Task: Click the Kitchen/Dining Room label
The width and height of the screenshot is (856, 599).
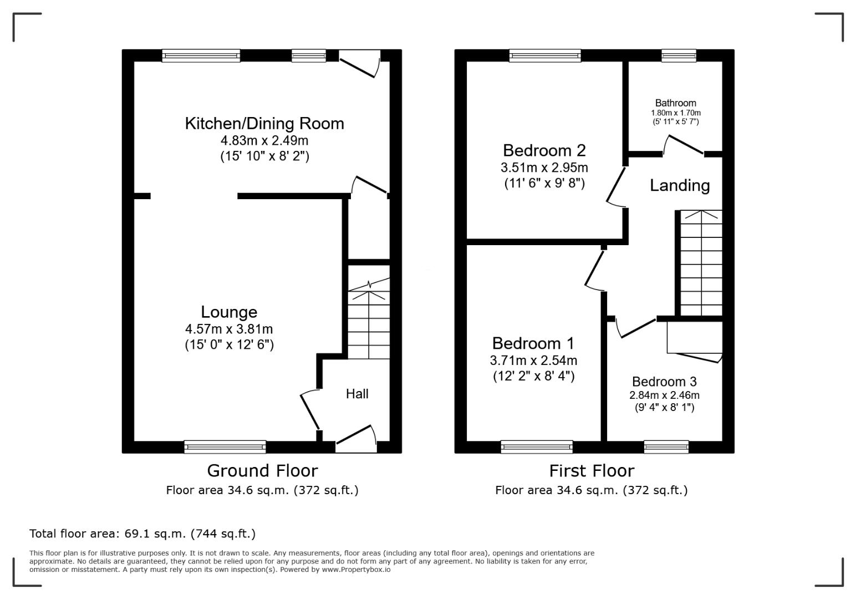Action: [264, 124]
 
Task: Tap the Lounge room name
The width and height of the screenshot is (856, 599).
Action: [229, 312]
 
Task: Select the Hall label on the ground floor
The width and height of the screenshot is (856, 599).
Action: [357, 394]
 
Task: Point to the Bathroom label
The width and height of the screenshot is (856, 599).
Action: [676, 103]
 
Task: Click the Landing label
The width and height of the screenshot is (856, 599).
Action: [680, 185]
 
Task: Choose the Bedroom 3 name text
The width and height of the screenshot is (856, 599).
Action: [664, 382]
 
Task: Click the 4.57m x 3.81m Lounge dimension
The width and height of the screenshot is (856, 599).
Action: [229, 329]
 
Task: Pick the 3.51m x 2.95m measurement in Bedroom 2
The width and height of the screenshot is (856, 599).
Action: [544, 167]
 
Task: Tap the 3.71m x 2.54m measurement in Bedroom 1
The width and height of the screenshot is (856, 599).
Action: [533, 360]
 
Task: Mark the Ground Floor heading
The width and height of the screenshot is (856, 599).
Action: [263, 470]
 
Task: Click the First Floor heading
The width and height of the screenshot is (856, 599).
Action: [592, 470]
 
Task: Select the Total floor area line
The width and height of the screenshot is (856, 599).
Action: [142, 533]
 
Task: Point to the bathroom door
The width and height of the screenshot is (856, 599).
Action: [683, 145]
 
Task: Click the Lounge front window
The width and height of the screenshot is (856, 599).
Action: [225, 447]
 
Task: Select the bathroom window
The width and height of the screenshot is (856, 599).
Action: [679, 55]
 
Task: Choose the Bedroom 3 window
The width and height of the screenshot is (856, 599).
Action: [666, 447]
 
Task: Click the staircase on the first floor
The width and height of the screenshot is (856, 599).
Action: [701, 263]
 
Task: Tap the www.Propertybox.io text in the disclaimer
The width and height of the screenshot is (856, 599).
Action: [356, 570]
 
